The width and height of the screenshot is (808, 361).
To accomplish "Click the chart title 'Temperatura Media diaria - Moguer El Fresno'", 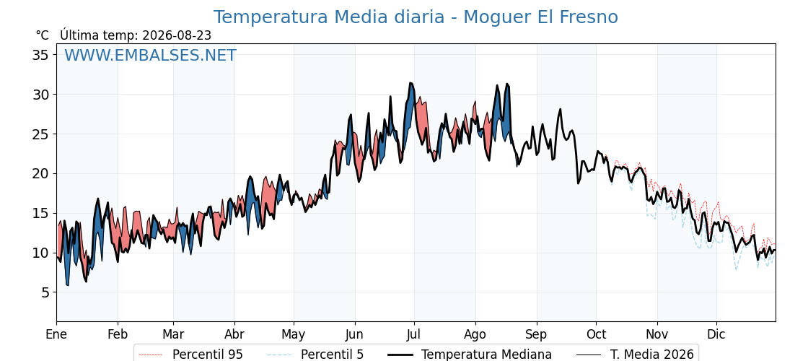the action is coord(416,17).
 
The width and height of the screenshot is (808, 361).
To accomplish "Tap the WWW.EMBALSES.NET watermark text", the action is coord(151,55).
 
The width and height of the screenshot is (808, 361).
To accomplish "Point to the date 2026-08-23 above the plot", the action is coord(177,35).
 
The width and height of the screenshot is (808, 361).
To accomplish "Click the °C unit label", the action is coord(43,35).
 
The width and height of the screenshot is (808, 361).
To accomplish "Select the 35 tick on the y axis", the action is coord(39,55).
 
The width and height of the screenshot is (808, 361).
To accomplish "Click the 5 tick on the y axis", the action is coord(45,292).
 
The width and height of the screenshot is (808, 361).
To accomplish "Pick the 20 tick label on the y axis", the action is coord(39,174).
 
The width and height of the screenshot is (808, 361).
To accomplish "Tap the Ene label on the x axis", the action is coord(56,334).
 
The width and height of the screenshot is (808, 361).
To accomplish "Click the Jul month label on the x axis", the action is coord(415,334).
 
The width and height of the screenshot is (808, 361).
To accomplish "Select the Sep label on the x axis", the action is coord(537,334).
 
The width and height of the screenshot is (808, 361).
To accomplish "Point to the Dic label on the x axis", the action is coord(716,334).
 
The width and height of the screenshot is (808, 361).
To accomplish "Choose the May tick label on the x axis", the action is coord(294,334).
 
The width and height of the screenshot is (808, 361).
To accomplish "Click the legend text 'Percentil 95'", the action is coord(207,355).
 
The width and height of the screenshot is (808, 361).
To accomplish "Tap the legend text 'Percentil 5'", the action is coord(333,355).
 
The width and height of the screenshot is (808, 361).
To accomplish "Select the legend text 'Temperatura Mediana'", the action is coord(486,355).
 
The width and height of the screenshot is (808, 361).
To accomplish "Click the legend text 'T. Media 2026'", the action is coord(652,355).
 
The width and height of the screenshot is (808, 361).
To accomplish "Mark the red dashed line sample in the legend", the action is coord(151,355).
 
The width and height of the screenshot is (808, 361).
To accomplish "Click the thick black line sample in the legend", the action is coord(400,355).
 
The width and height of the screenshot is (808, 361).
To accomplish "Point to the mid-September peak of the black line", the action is coord(560,109).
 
